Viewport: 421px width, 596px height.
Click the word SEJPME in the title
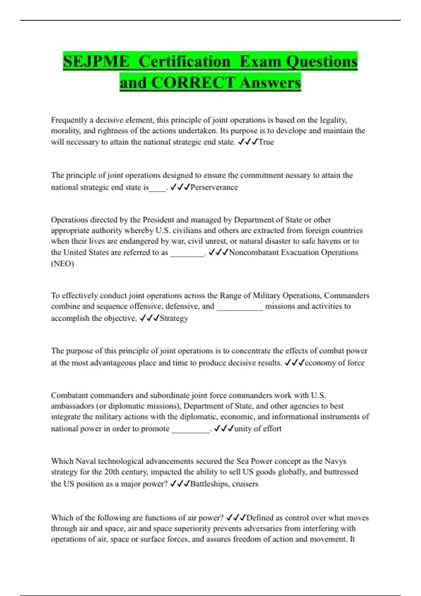tap(96, 61)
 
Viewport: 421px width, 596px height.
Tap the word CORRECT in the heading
tap(193, 83)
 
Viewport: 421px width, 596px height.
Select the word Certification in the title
tap(184, 61)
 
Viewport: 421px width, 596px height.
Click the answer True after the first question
tap(266, 142)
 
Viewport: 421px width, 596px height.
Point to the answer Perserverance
tap(214, 187)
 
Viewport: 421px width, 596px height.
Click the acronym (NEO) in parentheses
tap(62, 264)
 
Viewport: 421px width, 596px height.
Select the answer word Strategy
tap(174, 318)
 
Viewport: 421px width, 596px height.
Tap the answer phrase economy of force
tap(334, 363)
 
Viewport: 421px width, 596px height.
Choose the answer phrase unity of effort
tap(258, 428)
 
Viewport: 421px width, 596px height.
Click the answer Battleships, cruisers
tap(224, 484)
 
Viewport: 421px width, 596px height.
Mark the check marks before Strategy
tap(149, 318)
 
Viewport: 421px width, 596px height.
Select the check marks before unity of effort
tap(223, 428)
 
